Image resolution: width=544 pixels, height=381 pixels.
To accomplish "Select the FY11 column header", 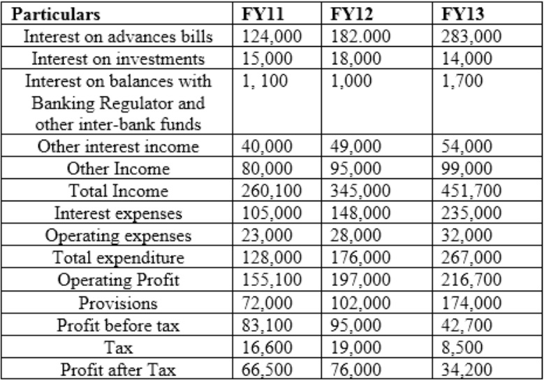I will click(260, 14).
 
